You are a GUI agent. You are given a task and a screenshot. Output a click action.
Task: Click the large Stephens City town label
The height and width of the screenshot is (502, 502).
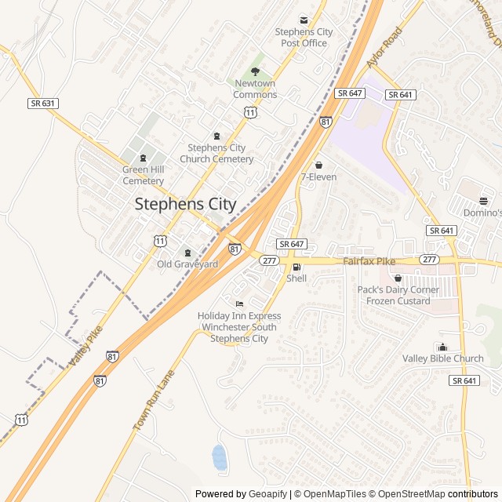(185, 204)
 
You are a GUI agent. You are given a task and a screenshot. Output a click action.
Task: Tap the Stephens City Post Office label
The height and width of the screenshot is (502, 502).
(304, 38)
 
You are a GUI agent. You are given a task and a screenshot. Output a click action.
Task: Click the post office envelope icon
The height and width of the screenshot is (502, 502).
(304, 20)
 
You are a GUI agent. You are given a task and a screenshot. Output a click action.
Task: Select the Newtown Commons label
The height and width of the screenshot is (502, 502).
(255, 89)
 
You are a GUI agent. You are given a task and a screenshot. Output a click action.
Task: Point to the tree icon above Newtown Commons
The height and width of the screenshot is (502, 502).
(255, 71)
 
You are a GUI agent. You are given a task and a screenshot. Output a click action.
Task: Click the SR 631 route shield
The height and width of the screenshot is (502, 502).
(43, 103)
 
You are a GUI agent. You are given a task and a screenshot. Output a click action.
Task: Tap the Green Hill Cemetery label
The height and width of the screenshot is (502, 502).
(143, 175)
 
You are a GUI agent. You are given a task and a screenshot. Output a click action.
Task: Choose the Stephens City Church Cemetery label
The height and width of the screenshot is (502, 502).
(216, 153)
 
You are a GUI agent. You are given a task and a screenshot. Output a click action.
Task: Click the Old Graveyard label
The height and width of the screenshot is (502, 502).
(187, 264)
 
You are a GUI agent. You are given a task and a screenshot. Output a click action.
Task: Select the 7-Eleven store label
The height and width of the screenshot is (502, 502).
(318, 177)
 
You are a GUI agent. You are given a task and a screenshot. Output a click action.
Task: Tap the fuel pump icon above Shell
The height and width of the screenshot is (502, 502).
(296, 267)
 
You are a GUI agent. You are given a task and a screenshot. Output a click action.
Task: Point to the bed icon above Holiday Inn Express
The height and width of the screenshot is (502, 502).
(239, 304)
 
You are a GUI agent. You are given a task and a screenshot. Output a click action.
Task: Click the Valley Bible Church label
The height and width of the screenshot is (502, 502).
(443, 358)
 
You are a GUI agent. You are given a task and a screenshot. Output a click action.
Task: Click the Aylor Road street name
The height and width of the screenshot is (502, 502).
(384, 48)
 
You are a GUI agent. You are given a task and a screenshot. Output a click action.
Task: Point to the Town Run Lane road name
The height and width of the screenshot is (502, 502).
(152, 400)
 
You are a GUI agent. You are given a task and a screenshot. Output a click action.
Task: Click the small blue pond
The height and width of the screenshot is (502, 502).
(220, 457)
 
